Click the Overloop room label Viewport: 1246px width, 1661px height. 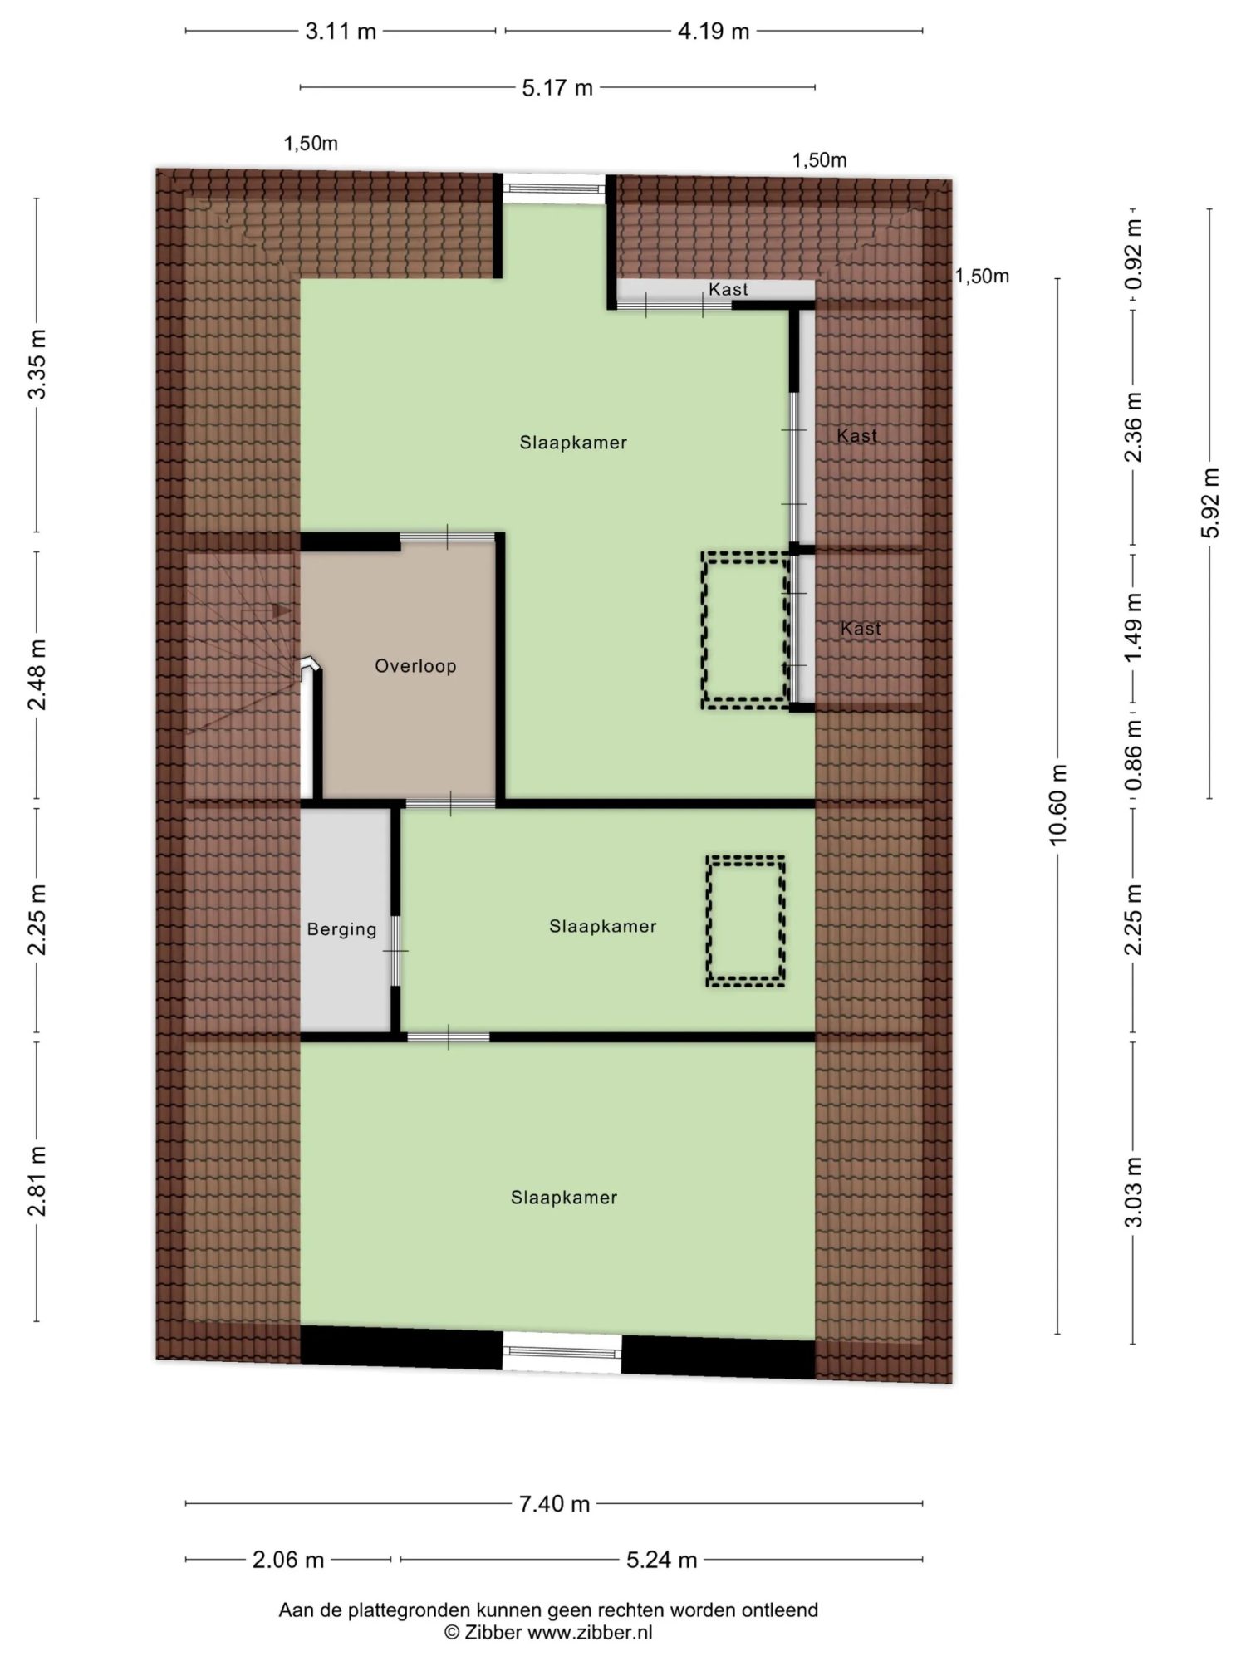(x=415, y=666)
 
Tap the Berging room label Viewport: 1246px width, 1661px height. (x=341, y=929)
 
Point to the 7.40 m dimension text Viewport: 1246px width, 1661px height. (x=554, y=1503)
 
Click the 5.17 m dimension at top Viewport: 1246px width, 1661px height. (x=557, y=87)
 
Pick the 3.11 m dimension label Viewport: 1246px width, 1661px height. (x=341, y=32)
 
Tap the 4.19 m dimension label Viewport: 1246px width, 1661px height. (x=714, y=32)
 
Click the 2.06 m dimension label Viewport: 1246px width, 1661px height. (x=287, y=1560)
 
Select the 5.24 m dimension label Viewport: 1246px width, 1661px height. (x=661, y=1560)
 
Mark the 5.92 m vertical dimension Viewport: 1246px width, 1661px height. (x=1210, y=502)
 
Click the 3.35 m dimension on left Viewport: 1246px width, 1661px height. (x=37, y=364)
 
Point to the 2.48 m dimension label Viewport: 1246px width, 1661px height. (x=37, y=674)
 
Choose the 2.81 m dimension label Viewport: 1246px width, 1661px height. (x=37, y=1180)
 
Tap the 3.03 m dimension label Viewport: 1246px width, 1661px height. (x=1134, y=1191)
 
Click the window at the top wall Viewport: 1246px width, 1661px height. (x=554, y=189)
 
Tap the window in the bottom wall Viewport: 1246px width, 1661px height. (x=562, y=1352)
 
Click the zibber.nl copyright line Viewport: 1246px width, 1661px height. (x=548, y=1632)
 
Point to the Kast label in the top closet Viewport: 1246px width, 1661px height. (x=728, y=289)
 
